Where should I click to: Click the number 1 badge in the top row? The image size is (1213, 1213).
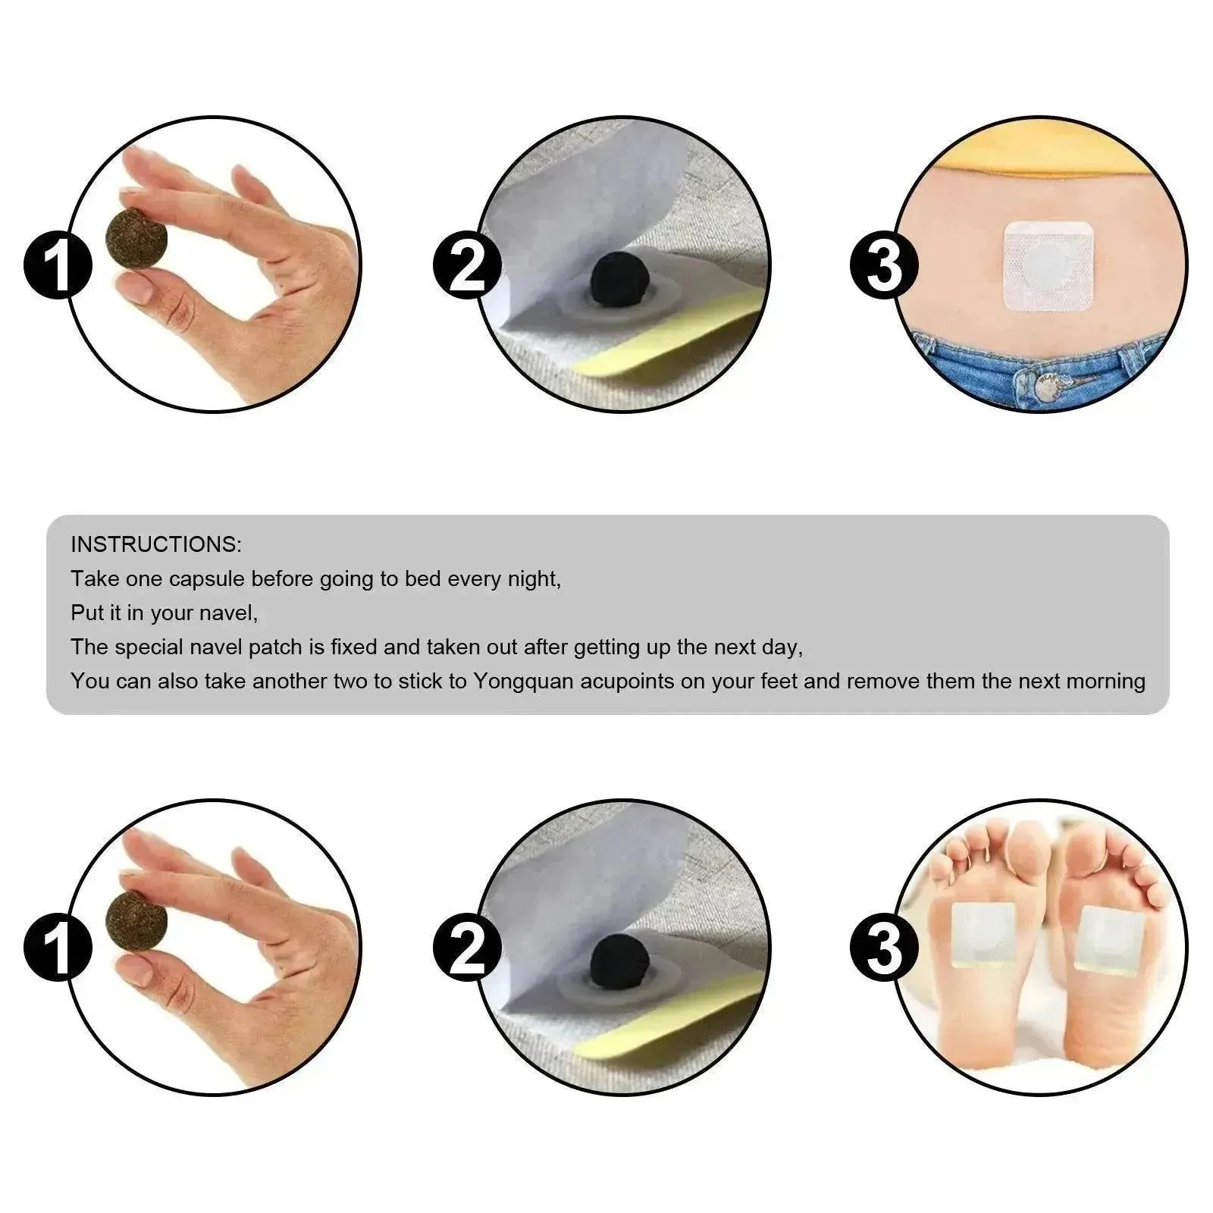click(x=58, y=265)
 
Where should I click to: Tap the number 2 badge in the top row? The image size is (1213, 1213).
click(x=467, y=265)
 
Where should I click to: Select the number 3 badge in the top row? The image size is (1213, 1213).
click(x=883, y=265)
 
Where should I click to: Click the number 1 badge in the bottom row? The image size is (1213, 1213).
click(x=58, y=948)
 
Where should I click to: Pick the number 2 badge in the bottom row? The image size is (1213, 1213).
click(x=467, y=948)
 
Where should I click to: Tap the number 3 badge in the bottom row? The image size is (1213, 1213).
click(x=883, y=948)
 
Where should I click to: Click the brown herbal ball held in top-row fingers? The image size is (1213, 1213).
click(x=137, y=237)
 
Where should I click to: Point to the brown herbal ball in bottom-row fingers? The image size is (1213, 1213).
click(x=137, y=919)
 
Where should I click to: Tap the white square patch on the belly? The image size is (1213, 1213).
click(x=1049, y=267)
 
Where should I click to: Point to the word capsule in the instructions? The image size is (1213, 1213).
click(x=207, y=580)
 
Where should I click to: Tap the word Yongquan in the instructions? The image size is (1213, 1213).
click(x=524, y=682)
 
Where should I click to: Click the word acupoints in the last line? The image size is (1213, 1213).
click(x=627, y=682)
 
